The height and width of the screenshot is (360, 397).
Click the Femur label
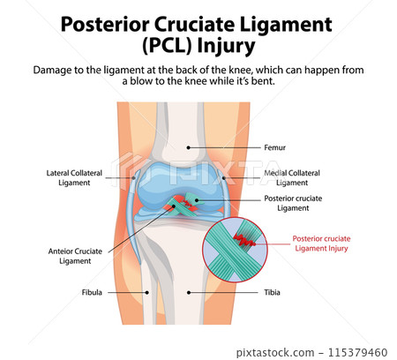pos(275,148)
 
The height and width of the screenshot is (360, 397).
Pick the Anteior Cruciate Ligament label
pos(72,256)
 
